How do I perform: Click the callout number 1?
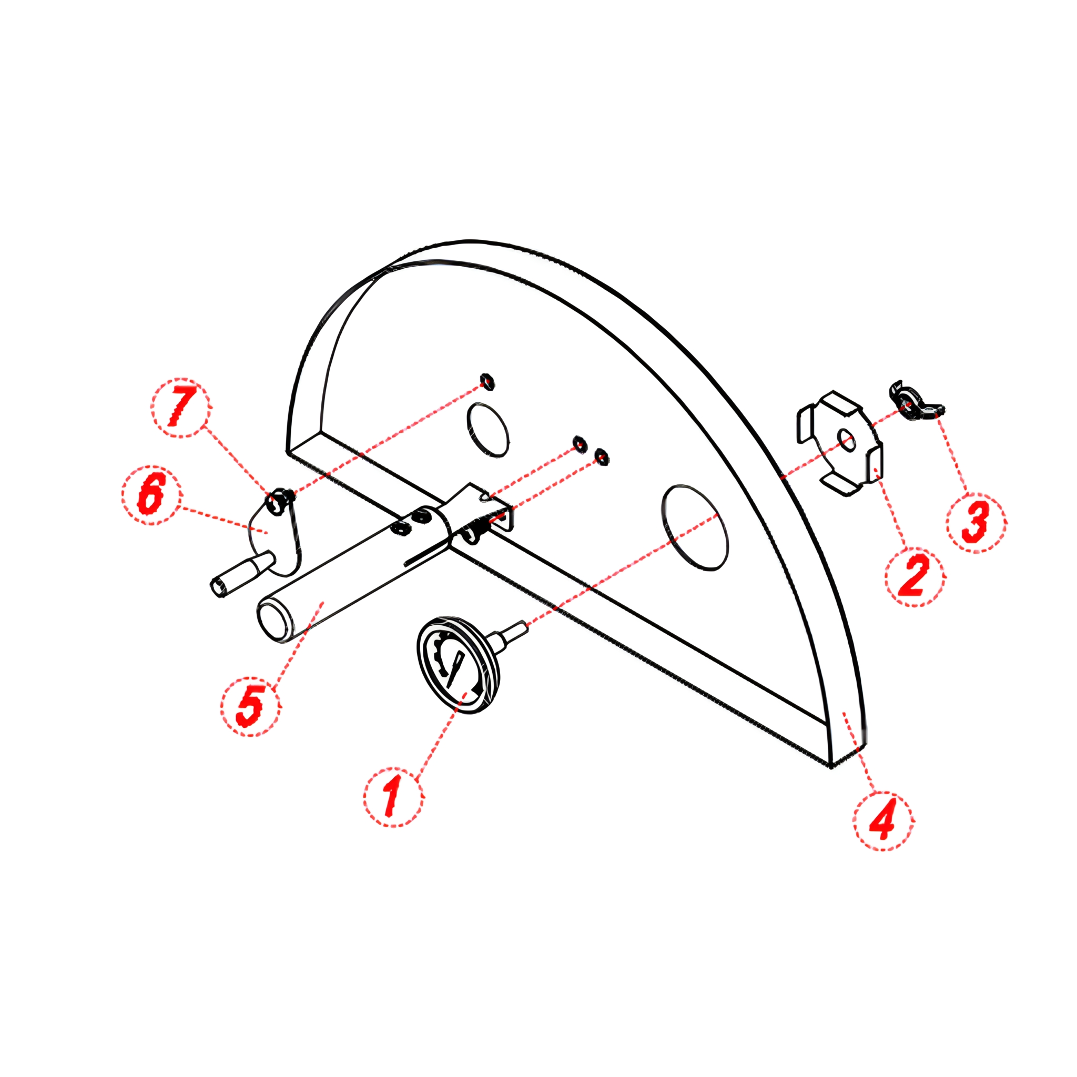tap(392, 796)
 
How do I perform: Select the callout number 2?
tap(915, 576)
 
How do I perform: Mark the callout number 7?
tap(182, 407)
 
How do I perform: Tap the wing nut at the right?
tap(914, 401)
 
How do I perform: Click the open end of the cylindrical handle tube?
tap(272, 620)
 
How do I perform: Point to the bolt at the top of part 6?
tap(278, 498)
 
